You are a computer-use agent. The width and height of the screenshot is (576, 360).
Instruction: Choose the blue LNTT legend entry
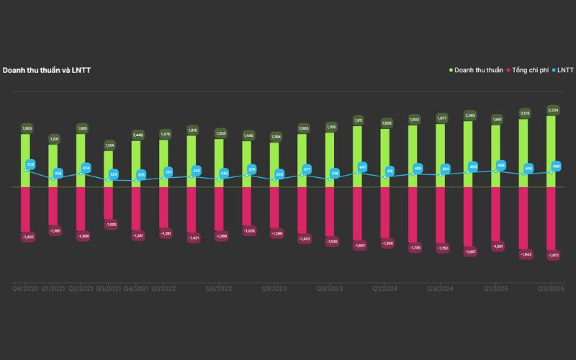(x=564, y=70)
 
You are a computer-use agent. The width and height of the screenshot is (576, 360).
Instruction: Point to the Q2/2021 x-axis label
(x=81, y=288)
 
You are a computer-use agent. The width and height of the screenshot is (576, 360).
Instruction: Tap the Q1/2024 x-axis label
(x=385, y=288)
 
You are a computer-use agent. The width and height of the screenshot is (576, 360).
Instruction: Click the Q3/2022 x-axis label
(x=220, y=288)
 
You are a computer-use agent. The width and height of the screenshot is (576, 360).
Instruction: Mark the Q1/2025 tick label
(x=496, y=288)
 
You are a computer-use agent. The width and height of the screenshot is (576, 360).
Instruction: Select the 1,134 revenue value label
(x=109, y=145)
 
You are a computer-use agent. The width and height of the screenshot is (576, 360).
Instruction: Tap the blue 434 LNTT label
(x=86, y=168)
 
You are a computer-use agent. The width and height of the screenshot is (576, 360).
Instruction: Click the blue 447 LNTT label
(x=363, y=167)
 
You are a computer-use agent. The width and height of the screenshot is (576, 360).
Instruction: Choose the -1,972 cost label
(x=552, y=256)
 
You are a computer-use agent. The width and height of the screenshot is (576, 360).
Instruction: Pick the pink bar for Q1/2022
(x=164, y=207)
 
